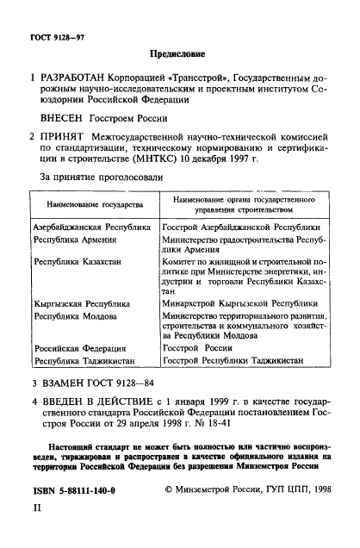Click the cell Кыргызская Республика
click(82, 304)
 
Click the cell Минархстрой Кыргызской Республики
click(233, 304)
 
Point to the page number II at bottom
click(36, 510)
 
